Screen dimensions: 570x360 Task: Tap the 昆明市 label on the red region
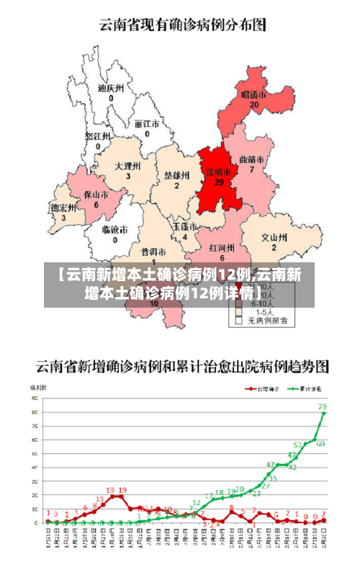[219, 172]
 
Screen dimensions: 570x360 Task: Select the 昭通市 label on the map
[253, 94]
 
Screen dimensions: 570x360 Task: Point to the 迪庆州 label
[111, 88]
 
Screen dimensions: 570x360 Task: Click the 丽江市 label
[147, 123]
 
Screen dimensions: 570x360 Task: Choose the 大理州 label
[127, 166]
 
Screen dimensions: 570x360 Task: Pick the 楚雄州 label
[176, 175]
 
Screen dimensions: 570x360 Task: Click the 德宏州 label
[63, 208]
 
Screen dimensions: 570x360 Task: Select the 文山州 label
[274, 236]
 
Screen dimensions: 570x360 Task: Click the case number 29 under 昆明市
[219, 182]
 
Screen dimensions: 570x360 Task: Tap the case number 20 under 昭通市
[253, 104]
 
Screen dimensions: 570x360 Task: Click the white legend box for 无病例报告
[239, 320]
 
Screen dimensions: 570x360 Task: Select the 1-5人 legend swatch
[239, 312]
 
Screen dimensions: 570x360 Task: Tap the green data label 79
[322, 406]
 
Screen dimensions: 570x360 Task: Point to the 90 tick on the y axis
[34, 397]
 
